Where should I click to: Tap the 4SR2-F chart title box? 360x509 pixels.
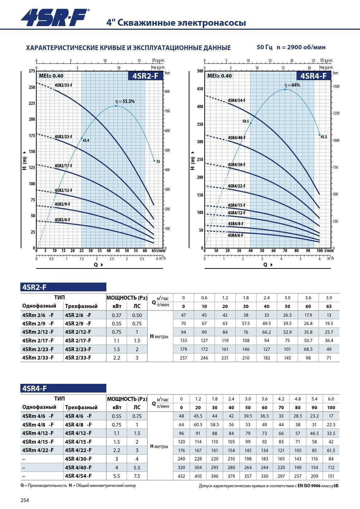(x=145, y=76)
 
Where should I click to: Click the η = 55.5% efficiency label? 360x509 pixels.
(x=125, y=102)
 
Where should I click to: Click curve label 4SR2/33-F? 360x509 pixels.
(x=64, y=85)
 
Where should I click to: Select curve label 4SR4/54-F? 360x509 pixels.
(x=236, y=100)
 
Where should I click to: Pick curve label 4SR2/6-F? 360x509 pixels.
(x=62, y=220)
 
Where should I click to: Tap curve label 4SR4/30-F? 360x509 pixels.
(x=236, y=165)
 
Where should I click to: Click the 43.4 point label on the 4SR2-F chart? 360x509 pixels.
(x=86, y=140)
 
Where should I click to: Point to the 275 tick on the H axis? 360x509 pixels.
(x=32, y=71)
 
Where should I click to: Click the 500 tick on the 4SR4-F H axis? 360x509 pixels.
(x=200, y=71)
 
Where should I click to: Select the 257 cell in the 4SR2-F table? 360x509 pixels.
(x=183, y=358)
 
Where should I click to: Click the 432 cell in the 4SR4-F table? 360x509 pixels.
(x=181, y=476)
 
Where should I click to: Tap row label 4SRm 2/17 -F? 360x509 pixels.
(x=38, y=341)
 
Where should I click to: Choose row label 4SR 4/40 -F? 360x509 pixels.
(x=78, y=467)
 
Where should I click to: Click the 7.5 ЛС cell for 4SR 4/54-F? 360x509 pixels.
(x=137, y=476)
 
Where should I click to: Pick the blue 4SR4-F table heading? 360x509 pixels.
(x=64, y=389)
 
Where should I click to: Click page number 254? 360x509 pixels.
(x=25, y=500)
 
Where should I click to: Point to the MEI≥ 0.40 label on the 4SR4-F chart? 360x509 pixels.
(x=220, y=76)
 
